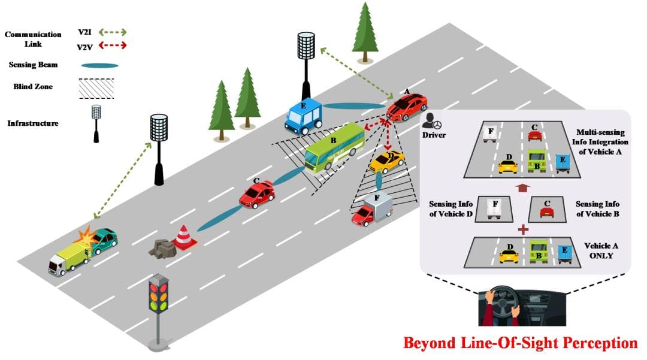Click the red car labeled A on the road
click(407, 107)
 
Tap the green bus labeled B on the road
click(333, 147)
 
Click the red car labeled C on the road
click(257, 194)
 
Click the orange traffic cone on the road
click(184, 237)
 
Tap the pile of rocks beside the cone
click(161, 247)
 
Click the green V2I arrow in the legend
click(111, 32)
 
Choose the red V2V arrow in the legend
click(111, 46)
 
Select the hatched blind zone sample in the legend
click(96, 87)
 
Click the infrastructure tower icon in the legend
click(96, 123)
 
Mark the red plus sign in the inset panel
click(523, 229)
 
